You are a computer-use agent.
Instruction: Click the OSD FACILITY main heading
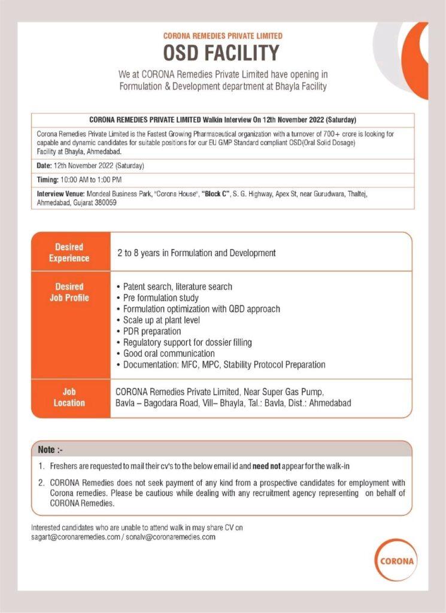point(223,53)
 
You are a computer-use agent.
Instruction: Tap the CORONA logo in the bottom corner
point(397,562)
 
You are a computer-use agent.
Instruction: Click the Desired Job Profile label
point(69,292)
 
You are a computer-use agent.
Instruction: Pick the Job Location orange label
point(69,397)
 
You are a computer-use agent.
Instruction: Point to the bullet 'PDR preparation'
point(152,331)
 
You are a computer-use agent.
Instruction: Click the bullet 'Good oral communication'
point(169,353)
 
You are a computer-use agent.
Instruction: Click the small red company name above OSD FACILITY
point(223,36)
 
